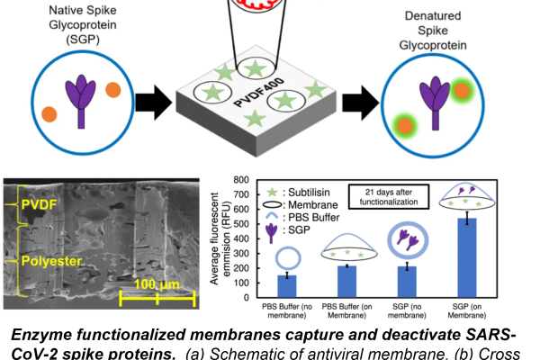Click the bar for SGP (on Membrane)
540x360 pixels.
(467, 257)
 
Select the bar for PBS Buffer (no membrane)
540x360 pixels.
(287, 286)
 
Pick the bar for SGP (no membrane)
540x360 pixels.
(407, 282)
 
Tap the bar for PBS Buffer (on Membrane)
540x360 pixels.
(346, 282)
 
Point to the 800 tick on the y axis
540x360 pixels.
(241, 179)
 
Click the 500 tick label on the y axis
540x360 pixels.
(241, 224)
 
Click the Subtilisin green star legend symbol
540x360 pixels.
(273, 193)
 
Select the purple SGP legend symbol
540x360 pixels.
(272, 232)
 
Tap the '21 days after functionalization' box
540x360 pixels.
(389, 197)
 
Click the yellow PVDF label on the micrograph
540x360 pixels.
(39, 204)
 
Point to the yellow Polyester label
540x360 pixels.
(51, 261)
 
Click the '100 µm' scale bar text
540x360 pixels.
(157, 284)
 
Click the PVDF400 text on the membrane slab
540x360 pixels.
(259, 92)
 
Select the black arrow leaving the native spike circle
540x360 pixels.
(153, 103)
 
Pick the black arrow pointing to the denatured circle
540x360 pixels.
(360, 103)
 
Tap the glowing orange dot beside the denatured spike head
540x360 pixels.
(462, 91)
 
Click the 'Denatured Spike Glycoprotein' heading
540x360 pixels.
(433, 31)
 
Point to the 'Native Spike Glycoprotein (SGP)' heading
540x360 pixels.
(83, 25)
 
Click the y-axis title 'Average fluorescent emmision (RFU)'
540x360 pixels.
(220, 238)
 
